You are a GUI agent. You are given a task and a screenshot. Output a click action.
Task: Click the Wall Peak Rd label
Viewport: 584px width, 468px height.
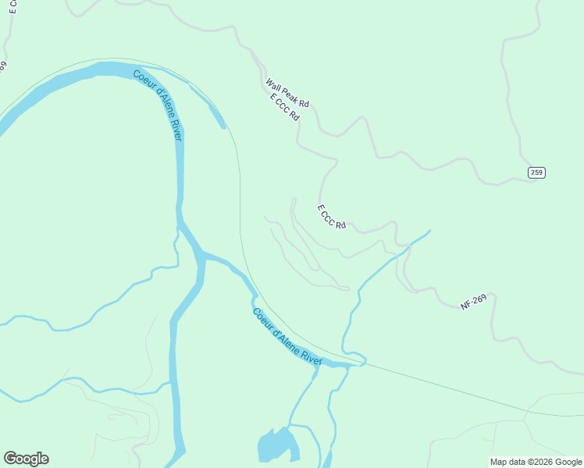(287, 93)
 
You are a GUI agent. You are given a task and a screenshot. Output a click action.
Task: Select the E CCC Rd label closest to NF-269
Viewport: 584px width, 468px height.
(332, 216)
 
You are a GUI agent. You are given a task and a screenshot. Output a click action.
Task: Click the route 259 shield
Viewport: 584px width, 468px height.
(536, 172)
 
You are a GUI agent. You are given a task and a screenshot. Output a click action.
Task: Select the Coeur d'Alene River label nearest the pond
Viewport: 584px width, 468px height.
(287, 336)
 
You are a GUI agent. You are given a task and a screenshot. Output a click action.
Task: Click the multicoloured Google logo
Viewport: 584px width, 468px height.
(26, 459)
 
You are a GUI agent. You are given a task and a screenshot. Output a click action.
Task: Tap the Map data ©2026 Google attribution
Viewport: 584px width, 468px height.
(536, 462)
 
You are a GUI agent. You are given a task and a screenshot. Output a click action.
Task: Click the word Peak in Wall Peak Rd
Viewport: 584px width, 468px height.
(288, 94)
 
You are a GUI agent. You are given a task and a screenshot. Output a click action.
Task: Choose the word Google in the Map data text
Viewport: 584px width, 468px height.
(568, 462)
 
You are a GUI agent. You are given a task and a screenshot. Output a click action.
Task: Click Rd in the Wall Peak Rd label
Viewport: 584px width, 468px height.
(304, 104)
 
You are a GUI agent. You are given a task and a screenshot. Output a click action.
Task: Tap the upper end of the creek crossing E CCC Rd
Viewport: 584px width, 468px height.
(428, 231)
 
